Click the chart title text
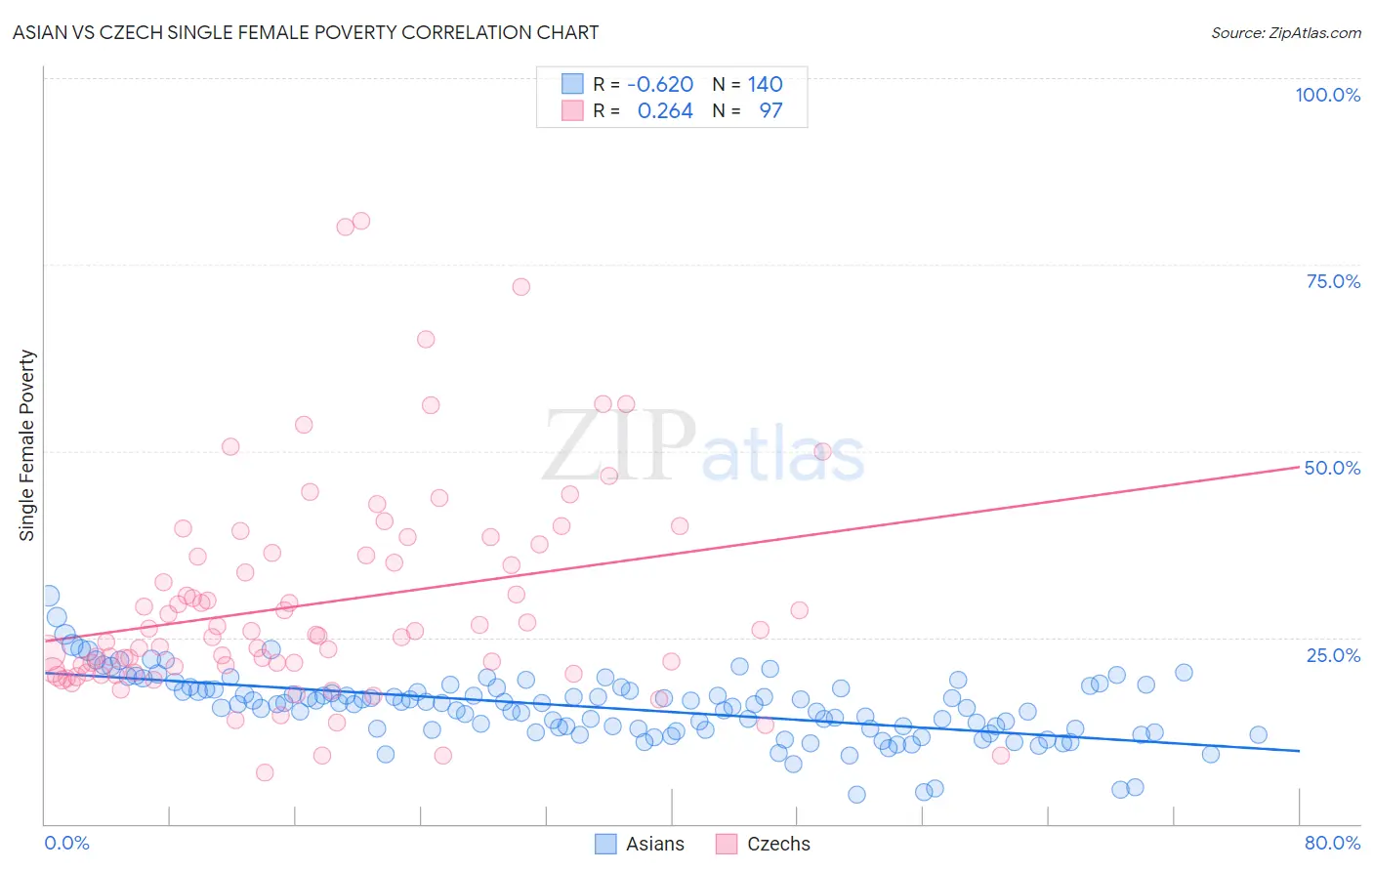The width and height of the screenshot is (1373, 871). [306, 32]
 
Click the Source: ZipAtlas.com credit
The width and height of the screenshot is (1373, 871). [1285, 32]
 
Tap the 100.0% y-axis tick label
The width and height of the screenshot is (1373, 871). [1327, 95]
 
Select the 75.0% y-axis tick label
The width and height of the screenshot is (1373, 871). [1333, 281]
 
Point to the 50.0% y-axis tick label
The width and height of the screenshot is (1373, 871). [1332, 468]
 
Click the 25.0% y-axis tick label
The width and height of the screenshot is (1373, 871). [1333, 654]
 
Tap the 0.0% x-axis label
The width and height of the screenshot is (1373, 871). [66, 843]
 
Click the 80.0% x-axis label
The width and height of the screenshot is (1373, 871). [1332, 843]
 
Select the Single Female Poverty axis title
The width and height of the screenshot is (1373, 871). [27, 445]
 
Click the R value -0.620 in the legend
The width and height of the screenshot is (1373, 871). [660, 84]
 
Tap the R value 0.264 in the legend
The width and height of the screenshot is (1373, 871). [665, 110]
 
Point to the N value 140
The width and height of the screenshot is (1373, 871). [766, 84]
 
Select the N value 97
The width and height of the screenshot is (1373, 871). [770, 110]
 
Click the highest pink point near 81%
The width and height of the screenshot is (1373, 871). [360, 221]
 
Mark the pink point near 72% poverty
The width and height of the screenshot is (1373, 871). [520, 287]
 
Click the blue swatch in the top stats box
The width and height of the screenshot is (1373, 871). [572, 84]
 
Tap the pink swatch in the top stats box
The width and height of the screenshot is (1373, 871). [572, 110]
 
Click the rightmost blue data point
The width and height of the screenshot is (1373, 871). [1258, 735]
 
